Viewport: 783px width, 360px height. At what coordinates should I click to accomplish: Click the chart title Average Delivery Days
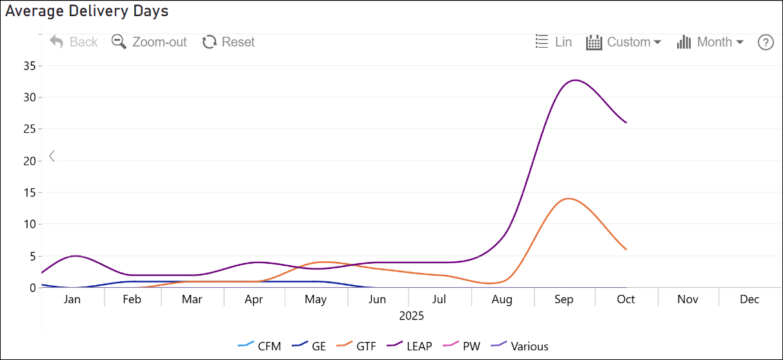coord(86,11)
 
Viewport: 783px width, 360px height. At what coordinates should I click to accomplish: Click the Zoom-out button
coord(149,42)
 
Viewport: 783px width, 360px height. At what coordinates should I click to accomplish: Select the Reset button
coord(229,42)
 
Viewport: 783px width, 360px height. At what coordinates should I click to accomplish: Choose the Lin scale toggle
coord(554,42)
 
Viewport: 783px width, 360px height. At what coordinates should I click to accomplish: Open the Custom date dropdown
coord(624,42)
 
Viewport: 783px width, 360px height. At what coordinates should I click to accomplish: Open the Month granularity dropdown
coord(710,42)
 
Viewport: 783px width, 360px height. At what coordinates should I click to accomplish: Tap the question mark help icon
coord(766,43)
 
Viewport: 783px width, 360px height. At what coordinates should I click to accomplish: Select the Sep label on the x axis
coord(564,299)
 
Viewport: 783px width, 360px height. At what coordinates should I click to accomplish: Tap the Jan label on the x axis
coord(72,299)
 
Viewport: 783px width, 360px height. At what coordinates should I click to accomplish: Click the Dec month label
coord(749,299)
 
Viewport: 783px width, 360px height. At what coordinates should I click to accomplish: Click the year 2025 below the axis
coord(411,316)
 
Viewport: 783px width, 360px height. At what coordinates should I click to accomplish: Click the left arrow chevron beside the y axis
coord(52,156)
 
